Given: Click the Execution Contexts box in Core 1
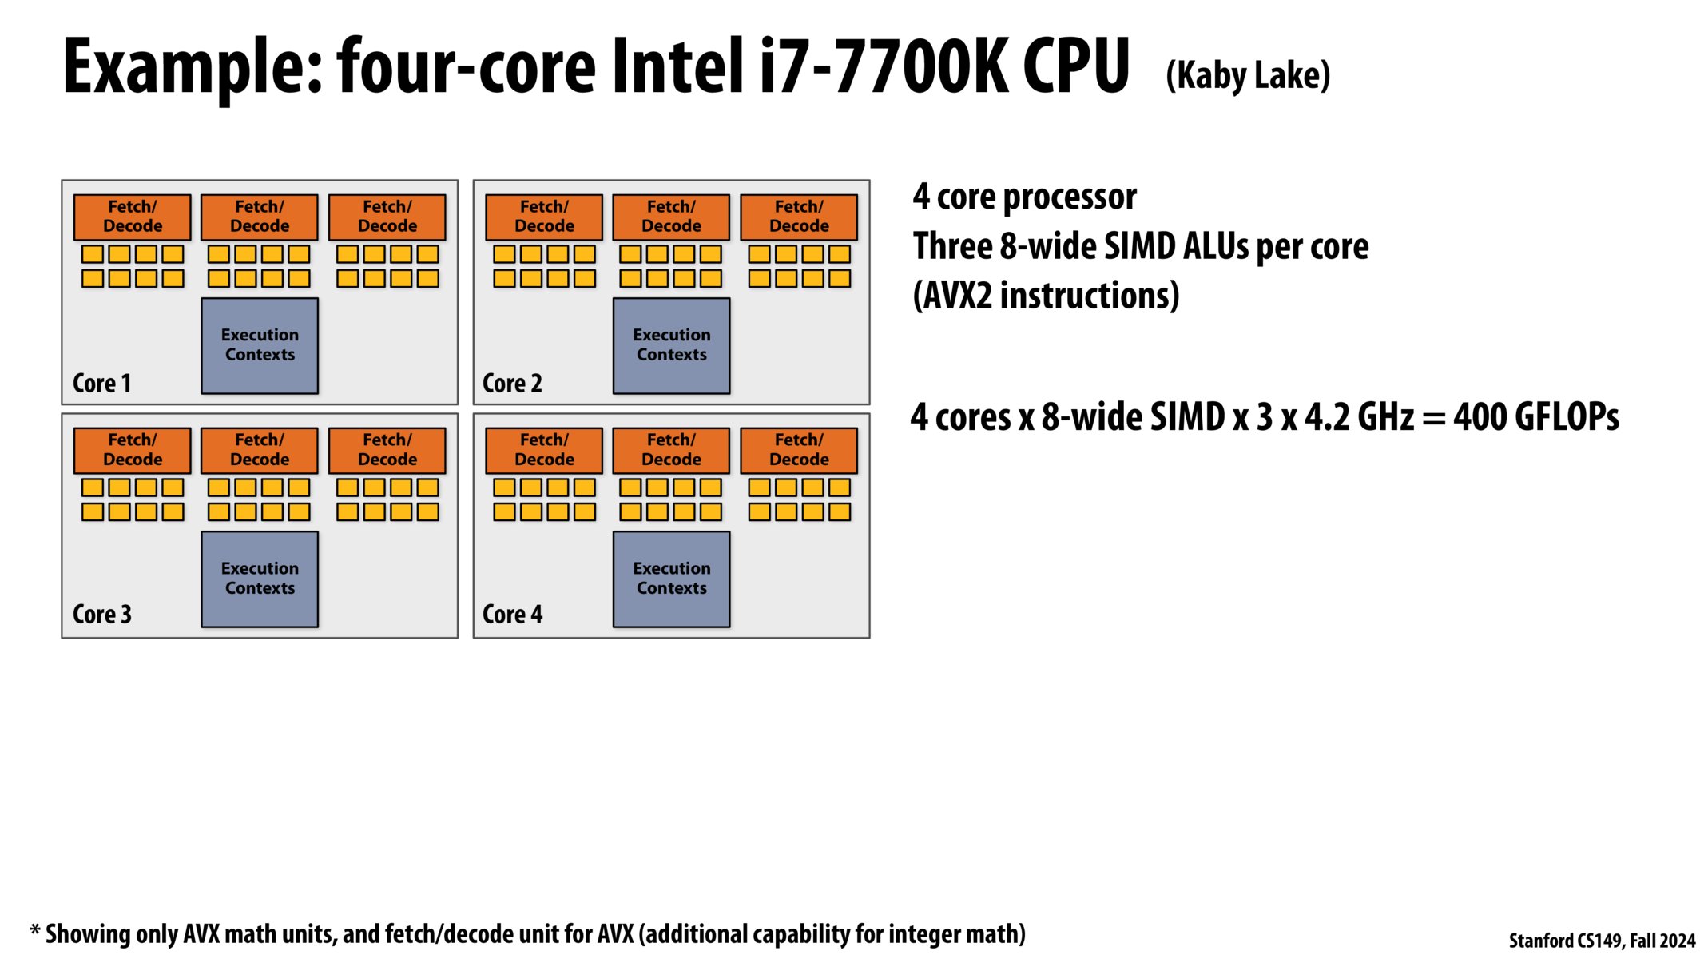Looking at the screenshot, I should tap(260, 345).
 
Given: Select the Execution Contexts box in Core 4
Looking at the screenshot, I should tap(671, 579).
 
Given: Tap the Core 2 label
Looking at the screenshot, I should tap(512, 384).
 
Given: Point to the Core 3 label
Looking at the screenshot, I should tap(101, 615).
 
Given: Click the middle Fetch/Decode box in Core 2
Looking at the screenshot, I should tap(671, 217).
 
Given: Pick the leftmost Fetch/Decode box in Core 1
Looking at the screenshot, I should tap(132, 217).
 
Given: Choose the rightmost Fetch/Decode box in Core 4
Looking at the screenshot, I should tap(798, 450).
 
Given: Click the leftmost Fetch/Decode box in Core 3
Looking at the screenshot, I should tap(132, 450).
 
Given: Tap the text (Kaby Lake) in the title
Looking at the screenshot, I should tap(1248, 76).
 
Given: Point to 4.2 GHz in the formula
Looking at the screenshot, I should tap(1359, 418).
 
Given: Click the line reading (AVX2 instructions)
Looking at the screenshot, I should tap(1046, 296).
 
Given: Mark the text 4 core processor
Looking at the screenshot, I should tap(1024, 197).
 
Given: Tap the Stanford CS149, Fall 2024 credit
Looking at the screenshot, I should tap(1601, 941).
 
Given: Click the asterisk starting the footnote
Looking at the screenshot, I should tap(35, 931).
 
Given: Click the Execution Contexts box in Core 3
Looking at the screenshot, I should tap(260, 579).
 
